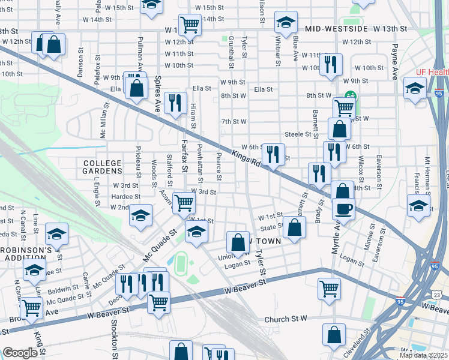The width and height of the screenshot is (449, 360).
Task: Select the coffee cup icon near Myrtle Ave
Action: coord(343,209)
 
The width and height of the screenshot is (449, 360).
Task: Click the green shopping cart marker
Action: coord(344,108)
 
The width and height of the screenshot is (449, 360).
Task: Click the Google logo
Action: coord(20,353)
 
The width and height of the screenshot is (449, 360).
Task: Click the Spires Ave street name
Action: coord(158,90)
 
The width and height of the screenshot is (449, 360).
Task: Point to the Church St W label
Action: coord(285,319)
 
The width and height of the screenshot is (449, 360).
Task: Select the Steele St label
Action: coord(297,134)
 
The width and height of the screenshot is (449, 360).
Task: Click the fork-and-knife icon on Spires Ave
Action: coord(175,103)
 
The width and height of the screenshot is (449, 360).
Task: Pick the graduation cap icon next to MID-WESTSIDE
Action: coord(286,23)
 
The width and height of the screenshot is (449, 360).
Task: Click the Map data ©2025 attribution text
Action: coord(422,355)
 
